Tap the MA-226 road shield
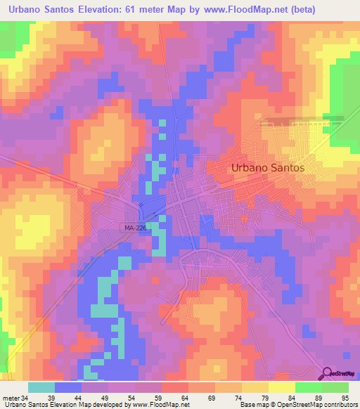coord(131,228)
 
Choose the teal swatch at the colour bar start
coord(41,387)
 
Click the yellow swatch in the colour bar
coord(281,387)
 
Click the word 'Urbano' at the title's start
coord(24,10)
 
